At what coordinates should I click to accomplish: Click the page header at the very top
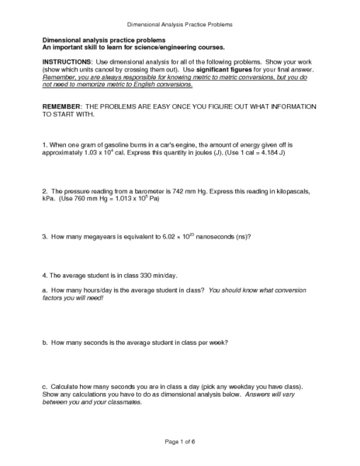pyautogui.click(x=179, y=24)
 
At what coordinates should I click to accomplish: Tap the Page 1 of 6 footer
pyautogui.click(x=179, y=441)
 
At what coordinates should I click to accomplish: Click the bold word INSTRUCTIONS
pyautogui.click(x=67, y=61)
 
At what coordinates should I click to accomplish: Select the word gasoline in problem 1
pyautogui.click(x=102, y=144)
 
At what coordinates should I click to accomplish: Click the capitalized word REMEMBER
pyautogui.click(x=64, y=106)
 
